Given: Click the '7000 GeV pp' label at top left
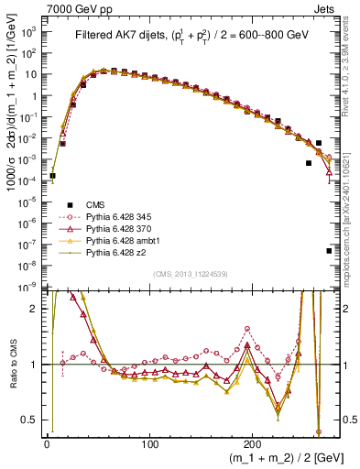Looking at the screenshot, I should click(74, 8).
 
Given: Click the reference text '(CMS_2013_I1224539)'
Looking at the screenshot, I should click(190, 274).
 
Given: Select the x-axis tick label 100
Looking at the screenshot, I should click(150, 445).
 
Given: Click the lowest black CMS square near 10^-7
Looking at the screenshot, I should click(329, 250).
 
